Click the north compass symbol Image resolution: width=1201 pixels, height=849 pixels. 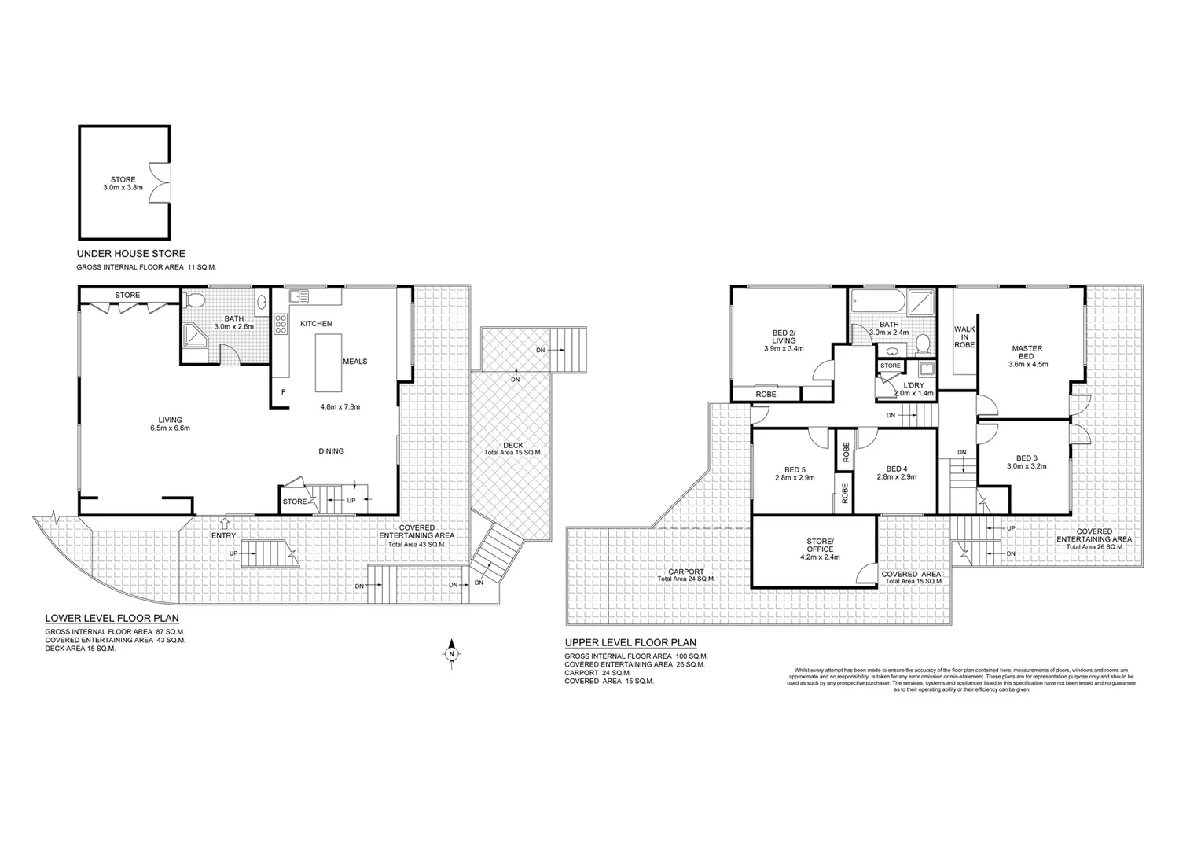[452, 653]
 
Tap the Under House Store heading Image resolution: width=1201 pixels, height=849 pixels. [130, 254]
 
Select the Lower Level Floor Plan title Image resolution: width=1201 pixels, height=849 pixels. [112, 618]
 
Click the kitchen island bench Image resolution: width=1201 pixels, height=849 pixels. [329, 362]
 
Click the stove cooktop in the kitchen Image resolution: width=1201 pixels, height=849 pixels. [280, 325]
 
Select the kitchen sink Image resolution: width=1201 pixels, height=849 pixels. [299, 296]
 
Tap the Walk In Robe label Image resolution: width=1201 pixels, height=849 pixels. [964, 337]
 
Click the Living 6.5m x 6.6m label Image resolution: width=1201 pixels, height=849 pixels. [170, 424]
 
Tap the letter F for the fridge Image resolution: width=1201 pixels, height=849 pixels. [283, 391]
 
